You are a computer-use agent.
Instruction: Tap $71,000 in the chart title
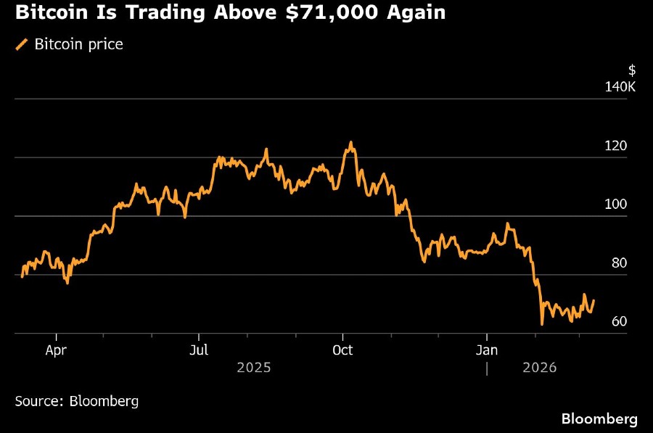331,12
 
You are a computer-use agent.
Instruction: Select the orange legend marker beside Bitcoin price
21,45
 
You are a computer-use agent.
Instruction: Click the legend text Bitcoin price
78,45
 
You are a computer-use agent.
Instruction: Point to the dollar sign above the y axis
632,70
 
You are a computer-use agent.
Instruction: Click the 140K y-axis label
620,88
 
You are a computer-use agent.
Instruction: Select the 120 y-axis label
615,147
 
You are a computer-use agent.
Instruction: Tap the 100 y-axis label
615,205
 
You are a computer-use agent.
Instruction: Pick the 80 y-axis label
618,264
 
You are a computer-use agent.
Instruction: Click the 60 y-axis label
618,322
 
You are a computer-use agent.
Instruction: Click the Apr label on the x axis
57,351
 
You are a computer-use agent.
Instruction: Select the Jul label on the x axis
199,351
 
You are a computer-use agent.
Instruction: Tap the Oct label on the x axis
342,351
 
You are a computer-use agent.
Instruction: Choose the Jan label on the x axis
486,351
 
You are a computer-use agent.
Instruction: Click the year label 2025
253,368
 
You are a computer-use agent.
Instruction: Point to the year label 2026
539,368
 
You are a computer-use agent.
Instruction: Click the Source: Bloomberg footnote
76,400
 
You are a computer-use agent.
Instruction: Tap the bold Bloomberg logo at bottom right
599,419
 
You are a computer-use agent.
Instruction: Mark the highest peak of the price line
351,142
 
